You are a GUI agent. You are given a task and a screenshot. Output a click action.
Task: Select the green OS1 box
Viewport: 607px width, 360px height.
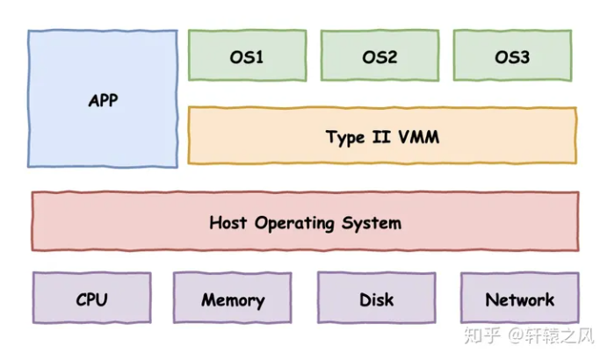click(247, 56)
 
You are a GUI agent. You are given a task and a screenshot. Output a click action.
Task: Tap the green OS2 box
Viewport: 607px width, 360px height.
click(379, 56)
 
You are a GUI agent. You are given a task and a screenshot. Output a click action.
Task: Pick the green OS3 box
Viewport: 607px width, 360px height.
click(512, 56)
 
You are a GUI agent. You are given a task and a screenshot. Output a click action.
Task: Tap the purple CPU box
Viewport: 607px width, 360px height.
click(91, 299)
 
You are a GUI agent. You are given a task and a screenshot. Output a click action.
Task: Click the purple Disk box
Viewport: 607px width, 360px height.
click(376, 299)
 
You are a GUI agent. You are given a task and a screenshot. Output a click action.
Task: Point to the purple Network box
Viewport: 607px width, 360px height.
click(519, 299)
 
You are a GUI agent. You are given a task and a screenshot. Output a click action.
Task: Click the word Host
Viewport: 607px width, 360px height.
click(229, 222)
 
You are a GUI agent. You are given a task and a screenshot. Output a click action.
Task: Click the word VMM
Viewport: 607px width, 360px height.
click(419, 136)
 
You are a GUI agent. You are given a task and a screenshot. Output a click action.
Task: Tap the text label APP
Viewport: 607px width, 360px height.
click(103, 100)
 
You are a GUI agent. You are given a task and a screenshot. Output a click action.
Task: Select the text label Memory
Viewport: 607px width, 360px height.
click(233, 299)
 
